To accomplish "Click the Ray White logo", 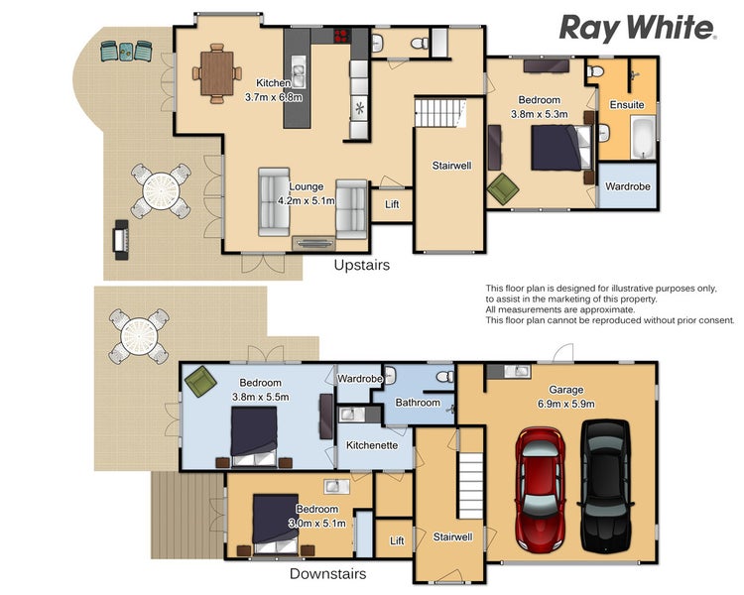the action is point(638,28).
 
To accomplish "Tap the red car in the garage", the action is point(541,489).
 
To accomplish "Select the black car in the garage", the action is point(606,486).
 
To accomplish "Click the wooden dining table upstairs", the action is point(217,73).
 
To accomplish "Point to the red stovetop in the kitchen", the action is point(341,36).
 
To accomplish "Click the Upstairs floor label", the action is point(361,265).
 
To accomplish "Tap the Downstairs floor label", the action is point(328,573).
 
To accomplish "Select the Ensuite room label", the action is point(627,104).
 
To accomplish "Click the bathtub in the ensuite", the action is point(644,138).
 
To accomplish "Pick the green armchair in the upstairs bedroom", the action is point(503,188).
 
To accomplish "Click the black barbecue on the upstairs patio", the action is point(121,239).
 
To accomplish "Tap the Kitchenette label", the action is point(372,445).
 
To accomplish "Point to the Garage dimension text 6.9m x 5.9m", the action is point(566,404).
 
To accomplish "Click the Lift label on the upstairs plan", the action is point(392,204).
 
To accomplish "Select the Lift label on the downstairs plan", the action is point(397,540).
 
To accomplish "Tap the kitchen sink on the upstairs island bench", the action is point(298,71).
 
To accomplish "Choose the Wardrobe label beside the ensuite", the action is point(627,186).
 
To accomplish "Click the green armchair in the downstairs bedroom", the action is point(200,381).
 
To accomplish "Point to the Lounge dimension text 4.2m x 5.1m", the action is point(307,200).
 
